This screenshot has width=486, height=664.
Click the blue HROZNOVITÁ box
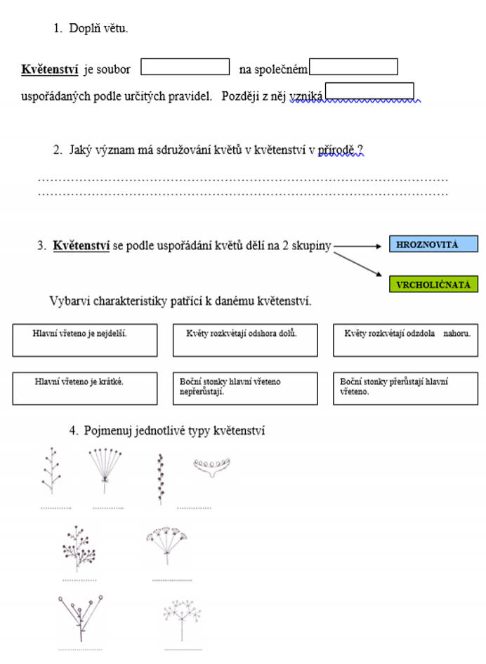click(433, 245)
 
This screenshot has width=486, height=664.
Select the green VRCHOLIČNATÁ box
click(433, 285)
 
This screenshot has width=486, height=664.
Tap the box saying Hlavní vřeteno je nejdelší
click(84, 340)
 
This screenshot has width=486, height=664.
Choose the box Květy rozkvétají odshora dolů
click(244, 340)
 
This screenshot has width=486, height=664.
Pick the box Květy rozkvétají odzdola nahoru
click(405, 340)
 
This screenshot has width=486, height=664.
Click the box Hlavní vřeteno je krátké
click(84, 389)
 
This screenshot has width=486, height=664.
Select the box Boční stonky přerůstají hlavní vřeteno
click(405, 389)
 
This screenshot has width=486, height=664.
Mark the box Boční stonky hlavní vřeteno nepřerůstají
click(244, 389)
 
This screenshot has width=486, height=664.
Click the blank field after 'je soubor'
click(185, 67)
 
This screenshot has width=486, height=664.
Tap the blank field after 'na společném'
click(353, 67)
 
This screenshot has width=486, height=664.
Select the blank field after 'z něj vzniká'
click(369, 91)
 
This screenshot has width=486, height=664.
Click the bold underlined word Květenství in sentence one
click(50, 70)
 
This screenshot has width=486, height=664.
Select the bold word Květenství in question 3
click(81, 247)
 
